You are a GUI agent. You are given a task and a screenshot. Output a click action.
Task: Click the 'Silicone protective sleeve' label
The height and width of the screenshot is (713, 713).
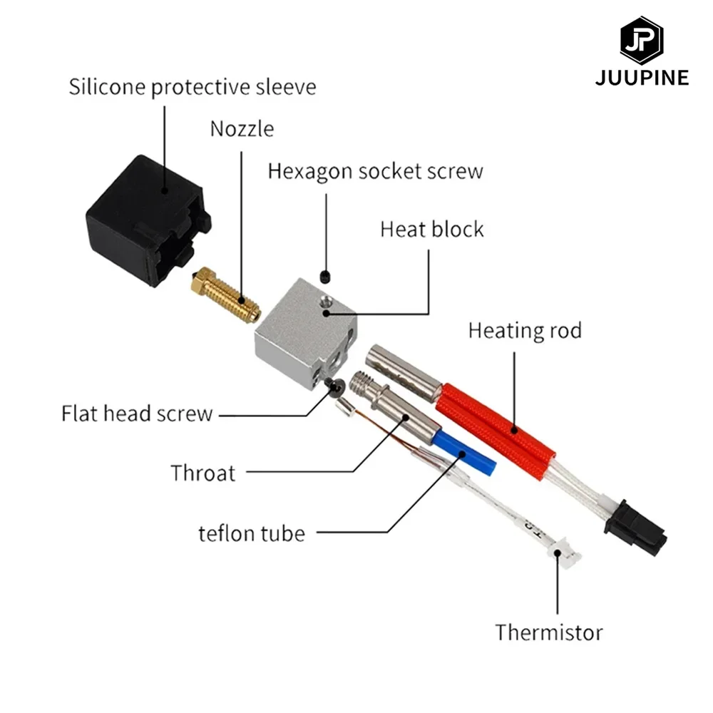tap(192, 88)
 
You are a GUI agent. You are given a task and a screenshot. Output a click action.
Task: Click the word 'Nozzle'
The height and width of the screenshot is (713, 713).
tap(242, 129)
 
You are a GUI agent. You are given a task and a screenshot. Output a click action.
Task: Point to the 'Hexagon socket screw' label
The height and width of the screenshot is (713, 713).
tap(375, 172)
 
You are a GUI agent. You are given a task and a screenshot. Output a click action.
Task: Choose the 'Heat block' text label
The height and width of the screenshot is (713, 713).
tap(431, 230)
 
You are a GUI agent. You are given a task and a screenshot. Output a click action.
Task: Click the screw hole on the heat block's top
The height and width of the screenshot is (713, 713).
tap(326, 309)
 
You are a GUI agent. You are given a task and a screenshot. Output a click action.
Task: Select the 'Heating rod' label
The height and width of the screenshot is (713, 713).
tap(525, 331)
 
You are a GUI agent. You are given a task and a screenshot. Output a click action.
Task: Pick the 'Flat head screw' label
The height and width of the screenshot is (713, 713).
tap(137, 414)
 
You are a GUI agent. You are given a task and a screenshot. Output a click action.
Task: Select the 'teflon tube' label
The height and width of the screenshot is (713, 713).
tap(252, 533)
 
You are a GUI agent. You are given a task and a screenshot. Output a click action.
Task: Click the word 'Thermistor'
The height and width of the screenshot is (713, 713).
tap(549, 632)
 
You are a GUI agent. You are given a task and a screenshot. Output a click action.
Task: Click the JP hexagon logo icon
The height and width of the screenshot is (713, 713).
tap(641, 41)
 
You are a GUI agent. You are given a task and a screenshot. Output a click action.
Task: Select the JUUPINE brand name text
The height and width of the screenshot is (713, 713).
tap(642, 78)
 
